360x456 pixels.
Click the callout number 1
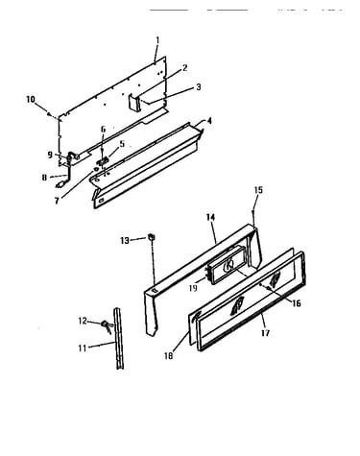tap(157, 40)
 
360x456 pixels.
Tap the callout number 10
tap(31, 100)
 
